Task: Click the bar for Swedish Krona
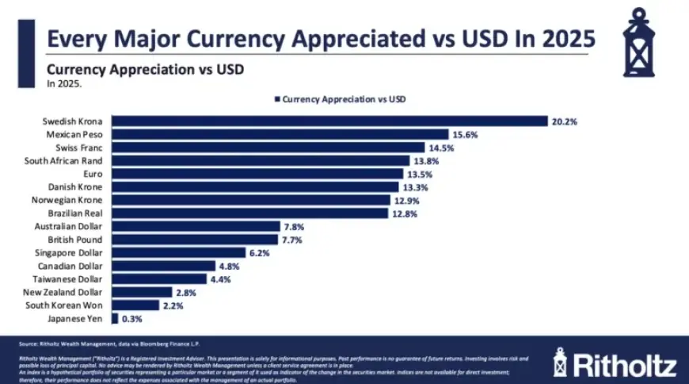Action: tap(329, 121)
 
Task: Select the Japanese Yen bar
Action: tap(115, 318)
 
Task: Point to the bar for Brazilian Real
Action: tap(249, 213)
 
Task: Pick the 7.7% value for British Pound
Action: tap(291, 240)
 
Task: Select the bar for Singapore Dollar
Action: tap(178, 253)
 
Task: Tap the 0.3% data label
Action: tap(132, 318)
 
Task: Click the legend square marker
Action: tap(277, 99)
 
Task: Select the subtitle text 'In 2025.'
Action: tap(64, 83)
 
